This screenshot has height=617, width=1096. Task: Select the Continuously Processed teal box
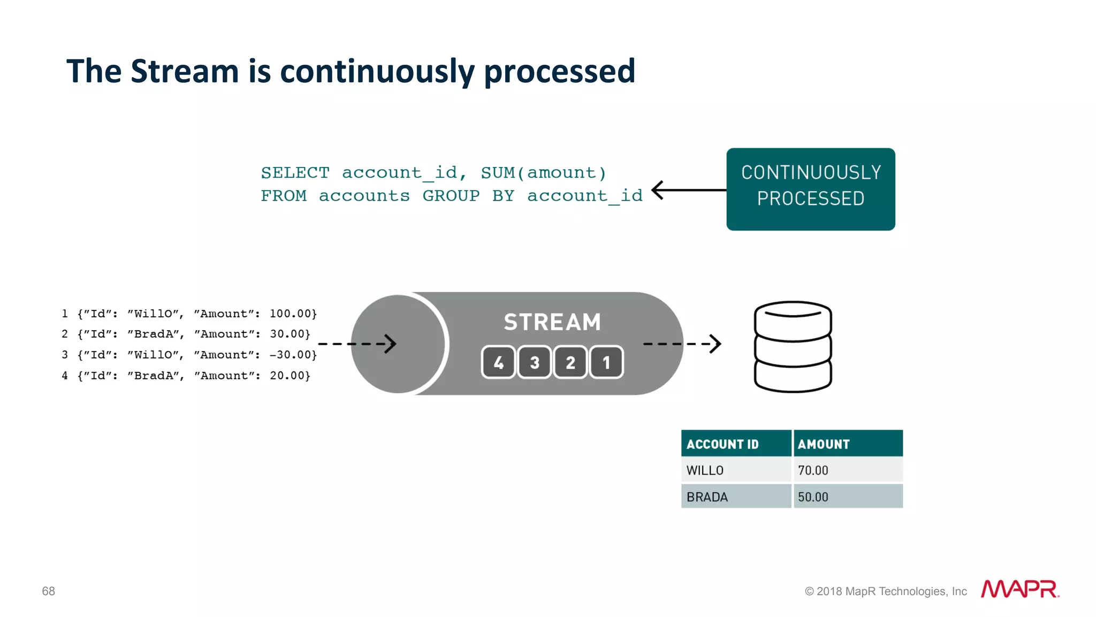tap(810, 189)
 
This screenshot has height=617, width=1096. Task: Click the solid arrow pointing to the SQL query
tap(688, 190)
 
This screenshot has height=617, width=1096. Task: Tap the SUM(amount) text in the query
tap(543, 173)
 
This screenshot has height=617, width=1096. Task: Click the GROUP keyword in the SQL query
tap(451, 196)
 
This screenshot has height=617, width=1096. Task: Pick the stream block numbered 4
tap(498, 363)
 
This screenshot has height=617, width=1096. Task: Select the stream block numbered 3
tap(534, 363)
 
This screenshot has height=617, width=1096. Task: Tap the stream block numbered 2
tap(570, 363)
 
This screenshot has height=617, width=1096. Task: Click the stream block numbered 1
tap(606, 363)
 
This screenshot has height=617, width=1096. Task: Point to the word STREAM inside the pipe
tap(552, 322)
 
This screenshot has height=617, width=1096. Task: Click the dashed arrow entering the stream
tap(357, 344)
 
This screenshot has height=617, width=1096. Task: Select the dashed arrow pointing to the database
tap(682, 344)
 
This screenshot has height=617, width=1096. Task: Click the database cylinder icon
tap(793, 347)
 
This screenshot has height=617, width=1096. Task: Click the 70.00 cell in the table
tap(813, 470)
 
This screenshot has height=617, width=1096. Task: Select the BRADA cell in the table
tap(707, 497)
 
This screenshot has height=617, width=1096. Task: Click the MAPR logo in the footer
tap(1019, 589)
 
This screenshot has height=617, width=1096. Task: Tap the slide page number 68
tap(48, 591)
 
